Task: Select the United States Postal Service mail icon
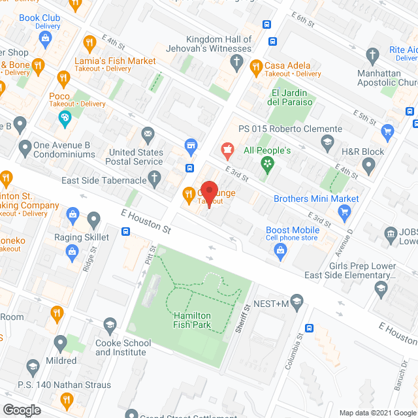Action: [x=148, y=136]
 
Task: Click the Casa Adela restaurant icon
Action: [x=255, y=66]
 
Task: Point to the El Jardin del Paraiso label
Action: [x=288, y=97]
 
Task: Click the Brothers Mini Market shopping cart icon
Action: [x=346, y=211]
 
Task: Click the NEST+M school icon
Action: [x=298, y=301]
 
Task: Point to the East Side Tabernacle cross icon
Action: [x=154, y=177]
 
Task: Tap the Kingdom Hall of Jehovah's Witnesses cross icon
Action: [x=238, y=63]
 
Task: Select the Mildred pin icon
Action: [x=61, y=342]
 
